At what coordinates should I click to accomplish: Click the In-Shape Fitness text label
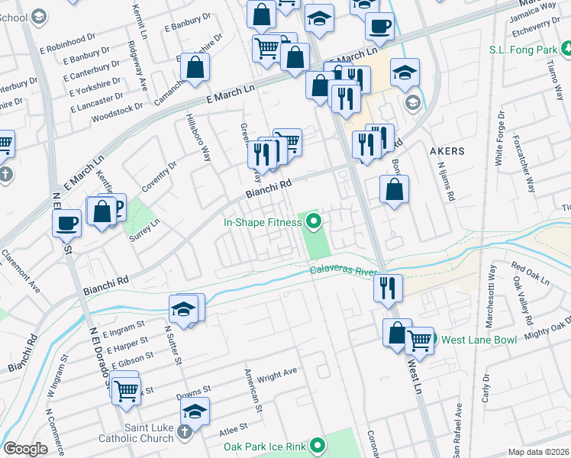[x=263, y=223]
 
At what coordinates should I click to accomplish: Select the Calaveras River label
[x=344, y=270]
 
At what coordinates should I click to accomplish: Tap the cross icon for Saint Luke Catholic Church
[x=183, y=433]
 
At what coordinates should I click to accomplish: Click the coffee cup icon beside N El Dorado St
[x=66, y=223]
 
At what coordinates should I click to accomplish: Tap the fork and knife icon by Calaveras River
[x=388, y=289]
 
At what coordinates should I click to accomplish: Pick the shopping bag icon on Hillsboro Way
[x=195, y=66]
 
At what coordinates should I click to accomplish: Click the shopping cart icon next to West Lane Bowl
[x=419, y=339]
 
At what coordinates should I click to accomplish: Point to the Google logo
[x=25, y=449]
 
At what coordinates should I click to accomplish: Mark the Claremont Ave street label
[x=20, y=272]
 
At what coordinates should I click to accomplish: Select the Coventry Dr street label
[x=159, y=176]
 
